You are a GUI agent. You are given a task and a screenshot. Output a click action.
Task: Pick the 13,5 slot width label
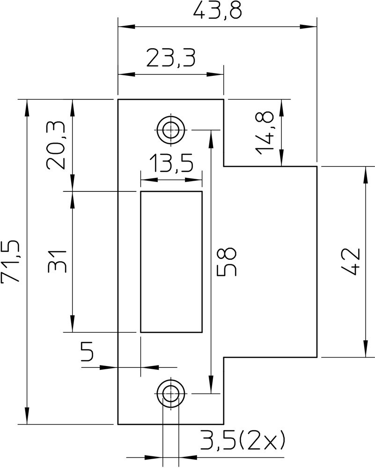coord(171,164)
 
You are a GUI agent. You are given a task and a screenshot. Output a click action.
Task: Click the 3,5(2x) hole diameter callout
coord(242,440)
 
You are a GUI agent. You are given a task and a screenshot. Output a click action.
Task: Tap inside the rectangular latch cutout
coord(171,261)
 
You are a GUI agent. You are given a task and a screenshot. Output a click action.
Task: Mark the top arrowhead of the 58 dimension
coord(212,137)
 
